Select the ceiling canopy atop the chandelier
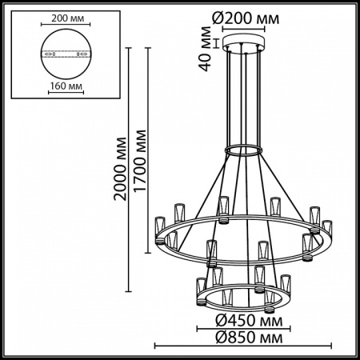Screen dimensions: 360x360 (245, 42)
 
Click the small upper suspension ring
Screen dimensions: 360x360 (245, 150)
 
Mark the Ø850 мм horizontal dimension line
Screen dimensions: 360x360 (243, 345)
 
